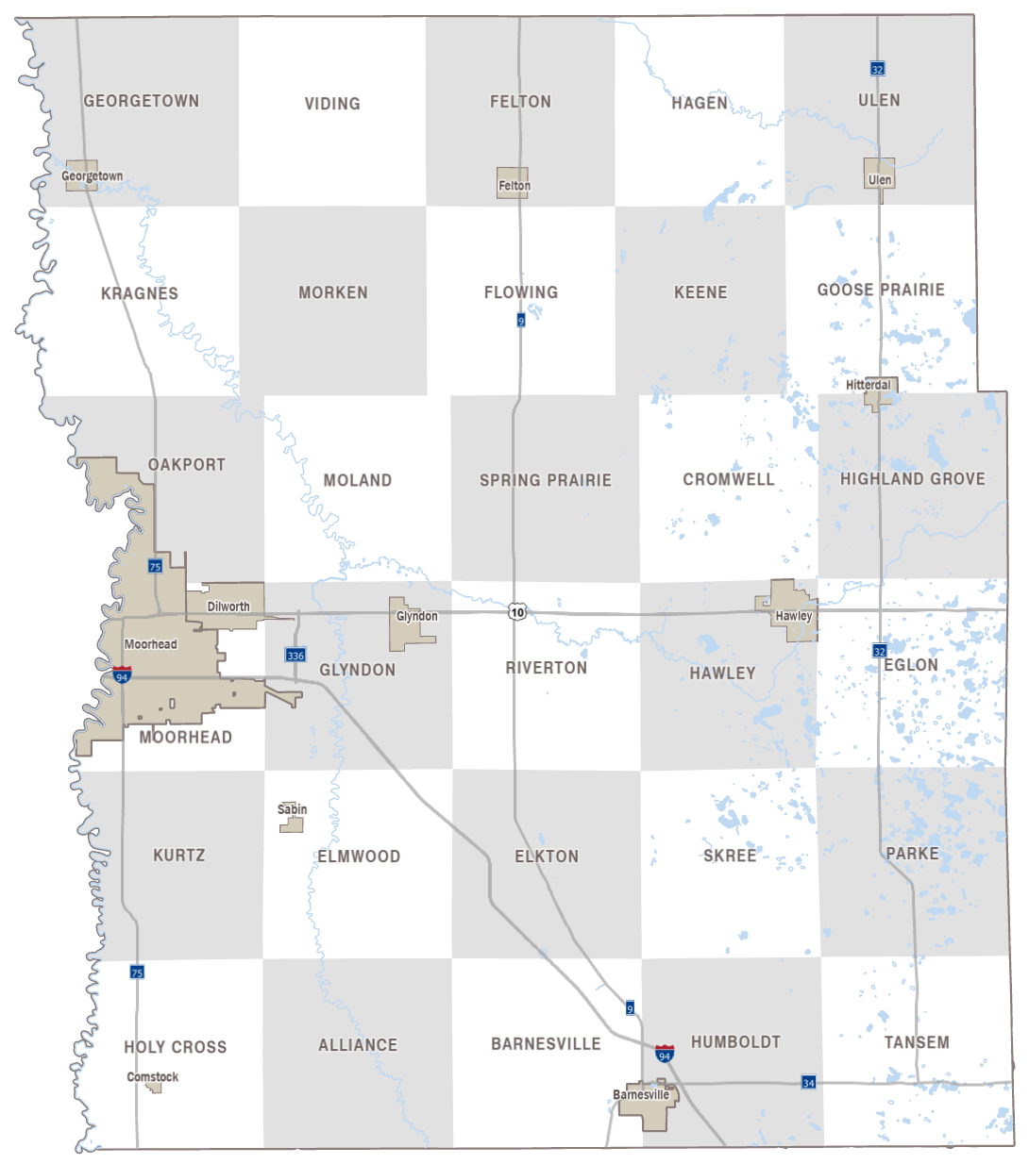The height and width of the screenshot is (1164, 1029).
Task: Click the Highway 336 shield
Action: (x=295, y=655)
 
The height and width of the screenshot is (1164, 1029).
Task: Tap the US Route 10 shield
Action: (x=517, y=612)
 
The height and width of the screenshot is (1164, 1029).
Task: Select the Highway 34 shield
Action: (x=808, y=1082)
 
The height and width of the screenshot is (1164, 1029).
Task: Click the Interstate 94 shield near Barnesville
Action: (x=665, y=1054)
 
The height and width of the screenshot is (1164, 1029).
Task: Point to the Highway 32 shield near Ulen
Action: (x=877, y=69)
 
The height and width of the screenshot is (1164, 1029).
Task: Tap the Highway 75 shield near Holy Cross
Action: (x=137, y=973)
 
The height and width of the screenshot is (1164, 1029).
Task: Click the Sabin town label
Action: (x=292, y=809)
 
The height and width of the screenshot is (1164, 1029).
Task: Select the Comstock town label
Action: (x=152, y=1076)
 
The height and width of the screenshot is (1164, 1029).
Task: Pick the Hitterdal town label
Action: (x=868, y=385)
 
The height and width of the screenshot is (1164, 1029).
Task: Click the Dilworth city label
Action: (x=228, y=607)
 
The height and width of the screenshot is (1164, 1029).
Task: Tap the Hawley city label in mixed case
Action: (x=793, y=616)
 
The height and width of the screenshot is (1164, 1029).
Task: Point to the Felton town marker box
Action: (x=514, y=183)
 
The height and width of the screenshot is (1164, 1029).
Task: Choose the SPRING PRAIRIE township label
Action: (x=545, y=480)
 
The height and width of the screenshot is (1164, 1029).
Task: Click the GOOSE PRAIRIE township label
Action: (x=880, y=290)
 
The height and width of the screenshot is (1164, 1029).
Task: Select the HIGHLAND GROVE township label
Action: (x=912, y=479)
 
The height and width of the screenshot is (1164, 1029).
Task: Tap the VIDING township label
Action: (x=331, y=104)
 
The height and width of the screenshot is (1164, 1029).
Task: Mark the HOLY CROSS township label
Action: (x=175, y=1047)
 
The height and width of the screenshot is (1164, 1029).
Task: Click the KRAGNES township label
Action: (x=139, y=293)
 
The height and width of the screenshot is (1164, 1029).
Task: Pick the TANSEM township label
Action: (x=916, y=1042)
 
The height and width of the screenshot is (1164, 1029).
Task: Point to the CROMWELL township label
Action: (x=728, y=479)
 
